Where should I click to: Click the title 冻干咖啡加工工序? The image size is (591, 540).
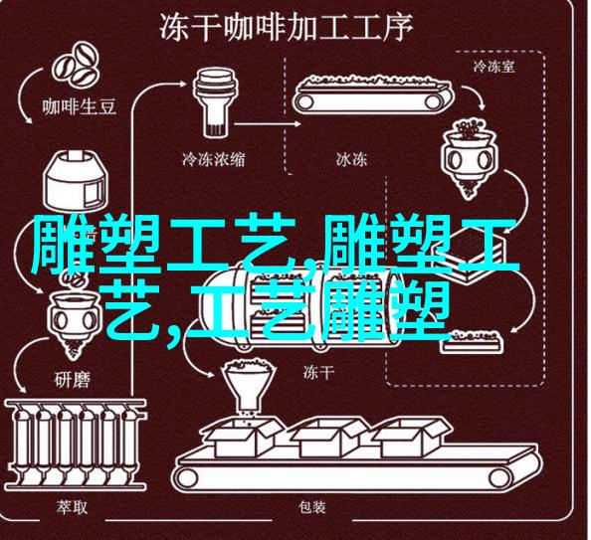[x=287, y=28]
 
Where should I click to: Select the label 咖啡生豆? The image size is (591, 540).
[x=79, y=106]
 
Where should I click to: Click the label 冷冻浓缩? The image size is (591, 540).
[x=213, y=159]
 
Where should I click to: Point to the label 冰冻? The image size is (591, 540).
[x=351, y=159]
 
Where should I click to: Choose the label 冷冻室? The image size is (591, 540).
[x=493, y=67]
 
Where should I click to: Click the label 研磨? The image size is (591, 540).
[x=72, y=380]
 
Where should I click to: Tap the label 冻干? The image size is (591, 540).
[x=318, y=373]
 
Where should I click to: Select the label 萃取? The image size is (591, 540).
[x=72, y=507]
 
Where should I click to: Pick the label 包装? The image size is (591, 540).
[x=312, y=507]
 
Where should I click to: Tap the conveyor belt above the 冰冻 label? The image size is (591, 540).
[x=373, y=94]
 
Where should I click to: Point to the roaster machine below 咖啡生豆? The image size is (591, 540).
[x=74, y=182]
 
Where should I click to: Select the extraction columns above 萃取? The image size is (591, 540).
[x=76, y=445]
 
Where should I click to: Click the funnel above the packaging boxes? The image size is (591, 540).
[x=246, y=385]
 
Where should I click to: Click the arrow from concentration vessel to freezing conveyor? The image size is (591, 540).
[x=268, y=123]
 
